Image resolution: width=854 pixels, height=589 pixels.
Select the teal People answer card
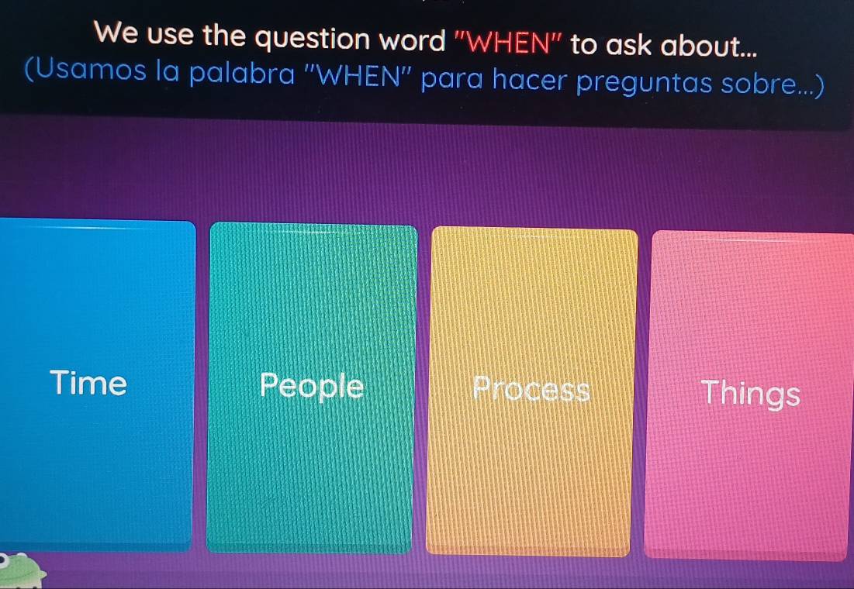311,387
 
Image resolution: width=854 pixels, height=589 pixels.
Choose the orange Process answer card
531,391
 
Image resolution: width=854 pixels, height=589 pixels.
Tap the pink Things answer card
749,395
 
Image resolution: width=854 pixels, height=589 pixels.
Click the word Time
88,383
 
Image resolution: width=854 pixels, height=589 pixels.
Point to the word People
312,385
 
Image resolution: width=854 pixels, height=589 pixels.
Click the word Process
531,388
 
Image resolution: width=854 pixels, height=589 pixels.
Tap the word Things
749,393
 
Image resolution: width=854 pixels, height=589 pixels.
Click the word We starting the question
114,35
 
